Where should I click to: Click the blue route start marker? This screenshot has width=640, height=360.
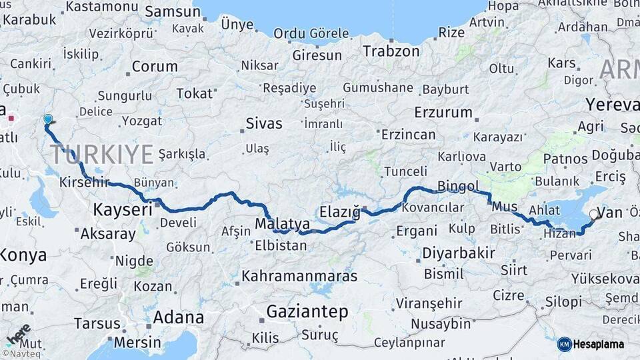point(47,119)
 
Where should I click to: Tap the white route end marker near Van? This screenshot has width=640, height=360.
point(593,215)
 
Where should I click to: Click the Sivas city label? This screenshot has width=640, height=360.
point(264,123)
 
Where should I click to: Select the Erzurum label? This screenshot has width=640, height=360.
point(443,112)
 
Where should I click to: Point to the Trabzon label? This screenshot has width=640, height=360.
point(391,51)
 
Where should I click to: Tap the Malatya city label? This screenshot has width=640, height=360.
point(282,223)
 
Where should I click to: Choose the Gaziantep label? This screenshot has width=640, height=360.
point(307,311)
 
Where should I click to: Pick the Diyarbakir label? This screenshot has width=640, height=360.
point(458,253)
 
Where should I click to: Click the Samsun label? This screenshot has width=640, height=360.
point(173,11)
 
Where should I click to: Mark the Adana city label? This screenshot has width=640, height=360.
point(179,317)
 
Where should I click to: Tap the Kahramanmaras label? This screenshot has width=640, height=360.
point(299,275)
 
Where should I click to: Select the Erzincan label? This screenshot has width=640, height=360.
point(408,135)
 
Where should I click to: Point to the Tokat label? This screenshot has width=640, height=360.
point(195,93)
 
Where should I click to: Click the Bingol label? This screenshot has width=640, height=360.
point(459,185)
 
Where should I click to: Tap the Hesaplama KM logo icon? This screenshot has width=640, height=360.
point(565,344)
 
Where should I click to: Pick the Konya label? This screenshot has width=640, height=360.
point(23,255)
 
